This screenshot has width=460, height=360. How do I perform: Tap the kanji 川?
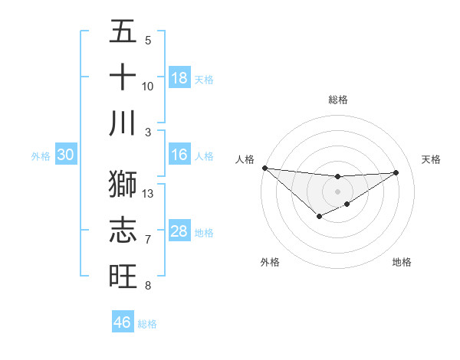[123, 123]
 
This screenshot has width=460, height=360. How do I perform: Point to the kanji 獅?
[123, 183]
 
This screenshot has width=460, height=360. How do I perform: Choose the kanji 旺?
[123, 275]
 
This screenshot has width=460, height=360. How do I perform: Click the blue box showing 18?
[179, 78]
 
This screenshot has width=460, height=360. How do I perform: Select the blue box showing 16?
[179, 155]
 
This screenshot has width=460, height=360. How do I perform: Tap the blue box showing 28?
[179, 232]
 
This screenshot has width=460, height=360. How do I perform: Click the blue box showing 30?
[65, 155]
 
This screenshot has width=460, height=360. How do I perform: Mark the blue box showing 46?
[122, 322]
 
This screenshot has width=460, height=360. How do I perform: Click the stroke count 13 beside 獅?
[148, 194]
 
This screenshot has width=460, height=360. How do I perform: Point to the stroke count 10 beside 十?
[148, 86]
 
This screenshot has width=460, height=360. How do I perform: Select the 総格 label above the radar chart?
[337, 100]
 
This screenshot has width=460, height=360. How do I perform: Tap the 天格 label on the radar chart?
[431, 159]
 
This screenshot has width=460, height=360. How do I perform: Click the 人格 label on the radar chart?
[245, 159]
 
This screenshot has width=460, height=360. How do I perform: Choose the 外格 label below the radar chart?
[270, 262]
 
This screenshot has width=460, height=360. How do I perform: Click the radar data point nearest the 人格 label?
[264, 168]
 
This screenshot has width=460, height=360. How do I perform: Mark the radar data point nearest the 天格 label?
[396, 172]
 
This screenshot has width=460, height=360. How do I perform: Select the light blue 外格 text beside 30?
[41, 156]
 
